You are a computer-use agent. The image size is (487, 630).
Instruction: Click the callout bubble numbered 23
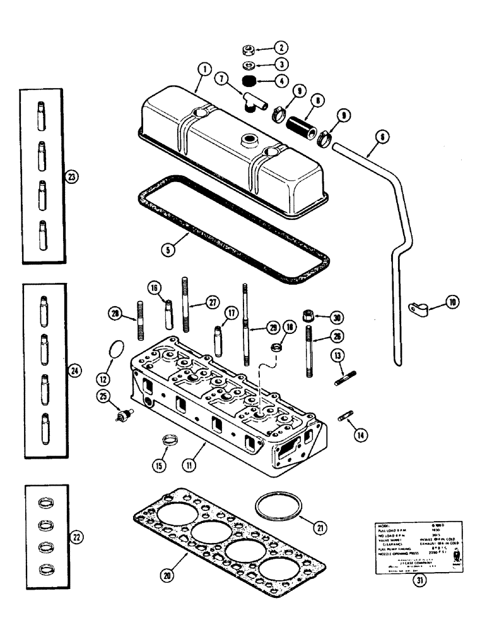(x=72, y=178)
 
